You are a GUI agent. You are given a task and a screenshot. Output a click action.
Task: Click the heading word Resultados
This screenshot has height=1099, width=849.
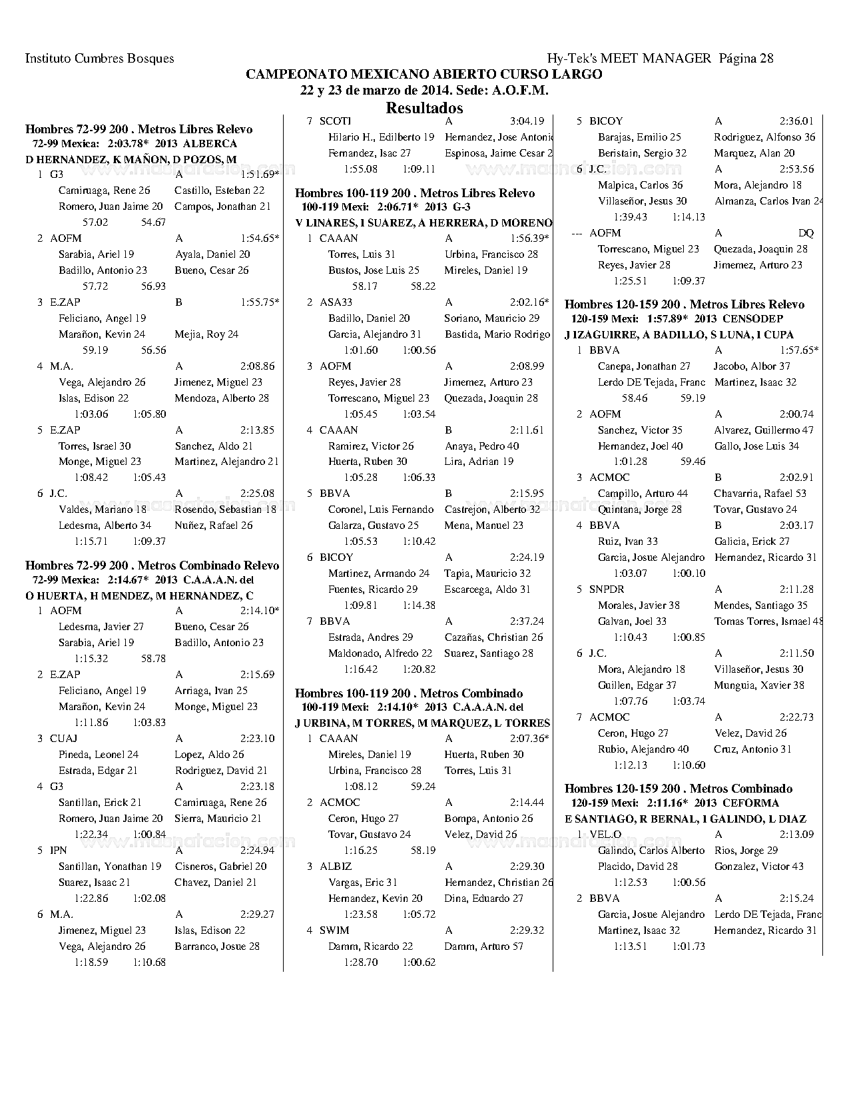[424, 108]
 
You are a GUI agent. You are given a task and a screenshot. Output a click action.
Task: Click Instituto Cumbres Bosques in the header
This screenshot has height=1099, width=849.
[99, 59]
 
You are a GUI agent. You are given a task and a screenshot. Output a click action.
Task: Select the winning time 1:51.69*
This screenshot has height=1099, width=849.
[260, 175]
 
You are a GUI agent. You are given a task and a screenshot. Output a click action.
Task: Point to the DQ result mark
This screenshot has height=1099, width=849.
[806, 233]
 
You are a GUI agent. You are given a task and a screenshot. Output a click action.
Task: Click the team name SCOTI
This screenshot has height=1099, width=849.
[335, 121]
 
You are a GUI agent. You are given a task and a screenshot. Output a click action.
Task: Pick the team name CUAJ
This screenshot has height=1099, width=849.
[63, 739]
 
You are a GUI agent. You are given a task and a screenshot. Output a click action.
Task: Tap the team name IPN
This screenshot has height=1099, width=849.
[58, 851]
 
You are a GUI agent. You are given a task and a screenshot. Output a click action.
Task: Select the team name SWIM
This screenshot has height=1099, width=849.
[334, 930]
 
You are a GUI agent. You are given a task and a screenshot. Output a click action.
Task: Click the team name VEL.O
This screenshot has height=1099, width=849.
[605, 835]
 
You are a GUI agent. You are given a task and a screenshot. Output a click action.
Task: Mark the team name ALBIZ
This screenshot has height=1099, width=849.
[336, 867]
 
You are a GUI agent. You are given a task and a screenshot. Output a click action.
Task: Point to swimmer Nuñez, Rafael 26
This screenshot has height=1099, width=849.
[213, 526]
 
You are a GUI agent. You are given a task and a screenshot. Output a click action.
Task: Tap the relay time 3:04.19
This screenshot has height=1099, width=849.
[527, 121]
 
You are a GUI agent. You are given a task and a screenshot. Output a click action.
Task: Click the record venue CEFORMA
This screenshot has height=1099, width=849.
[750, 803]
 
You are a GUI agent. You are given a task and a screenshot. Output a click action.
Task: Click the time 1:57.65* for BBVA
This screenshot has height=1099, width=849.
[799, 350]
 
